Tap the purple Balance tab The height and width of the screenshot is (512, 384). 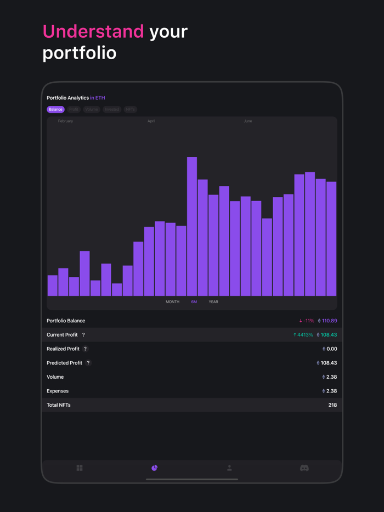point(55,110)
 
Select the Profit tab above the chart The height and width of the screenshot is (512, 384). point(74,110)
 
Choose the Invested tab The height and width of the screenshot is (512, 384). point(112,110)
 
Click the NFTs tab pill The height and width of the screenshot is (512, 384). point(131,110)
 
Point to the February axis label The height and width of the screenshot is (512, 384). point(65,121)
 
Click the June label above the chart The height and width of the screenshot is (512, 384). point(248,121)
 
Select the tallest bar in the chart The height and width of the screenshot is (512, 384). point(192,226)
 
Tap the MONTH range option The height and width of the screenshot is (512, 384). point(172,302)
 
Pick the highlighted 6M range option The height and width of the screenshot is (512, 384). point(194,302)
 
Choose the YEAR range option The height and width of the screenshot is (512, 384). point(213,302)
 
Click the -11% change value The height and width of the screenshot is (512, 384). point(307,321)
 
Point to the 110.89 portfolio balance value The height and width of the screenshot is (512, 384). point(329,321)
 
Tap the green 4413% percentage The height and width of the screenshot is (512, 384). point(303,335)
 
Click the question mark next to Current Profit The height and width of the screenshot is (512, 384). point(83,335)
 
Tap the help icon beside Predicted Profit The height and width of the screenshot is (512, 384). point(88,363)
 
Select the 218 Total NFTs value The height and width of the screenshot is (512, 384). point(332,405)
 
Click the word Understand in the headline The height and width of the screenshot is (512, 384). point(93,32)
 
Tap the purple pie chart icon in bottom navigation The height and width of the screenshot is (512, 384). point(155,468)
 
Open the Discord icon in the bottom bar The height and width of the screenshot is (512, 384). point(304,468)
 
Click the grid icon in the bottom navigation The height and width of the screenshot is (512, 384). point(80,468)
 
